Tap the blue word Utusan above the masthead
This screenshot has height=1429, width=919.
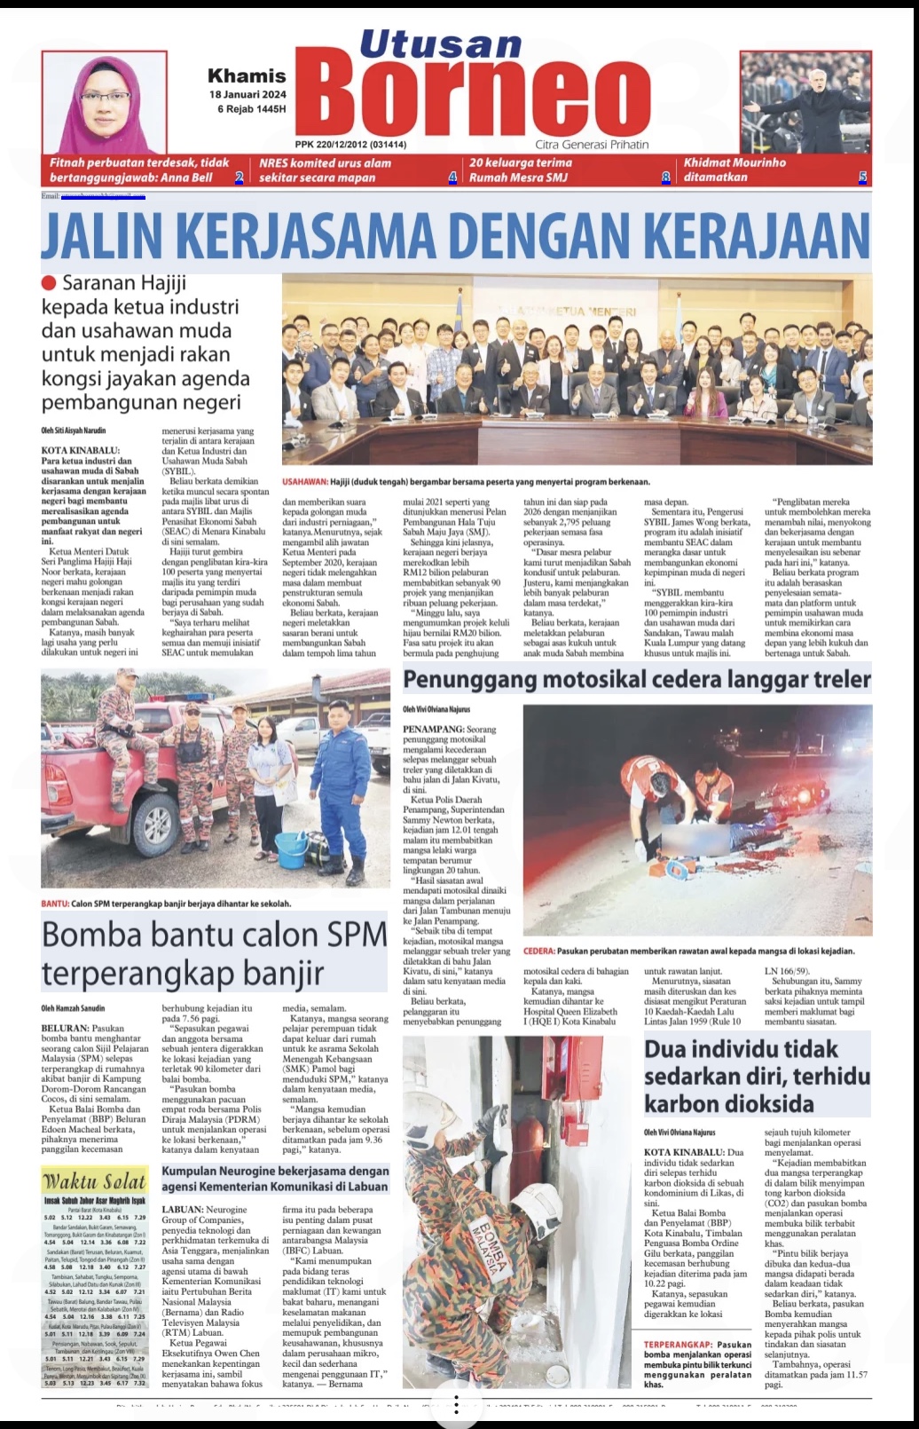(441, 44)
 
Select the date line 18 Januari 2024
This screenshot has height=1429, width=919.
(247, 94)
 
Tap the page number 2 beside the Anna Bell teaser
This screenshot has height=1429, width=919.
(239, 178)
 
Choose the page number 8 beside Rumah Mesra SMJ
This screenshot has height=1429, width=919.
(665, 178)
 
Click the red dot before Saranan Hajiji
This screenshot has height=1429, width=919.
(49, 283)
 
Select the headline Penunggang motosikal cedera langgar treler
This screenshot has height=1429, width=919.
(637, 680)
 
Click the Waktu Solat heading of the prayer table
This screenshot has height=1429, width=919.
(95, 1181)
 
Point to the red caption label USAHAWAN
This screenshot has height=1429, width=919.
(304, 482)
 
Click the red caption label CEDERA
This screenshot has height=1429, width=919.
(538, 951)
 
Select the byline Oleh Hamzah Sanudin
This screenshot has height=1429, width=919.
(73, 1008)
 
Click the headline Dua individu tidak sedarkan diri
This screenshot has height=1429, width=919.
(757, 1076)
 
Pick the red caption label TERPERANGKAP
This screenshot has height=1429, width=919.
(678, 1345)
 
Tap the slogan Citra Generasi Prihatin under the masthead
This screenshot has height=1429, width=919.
(592, 145)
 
